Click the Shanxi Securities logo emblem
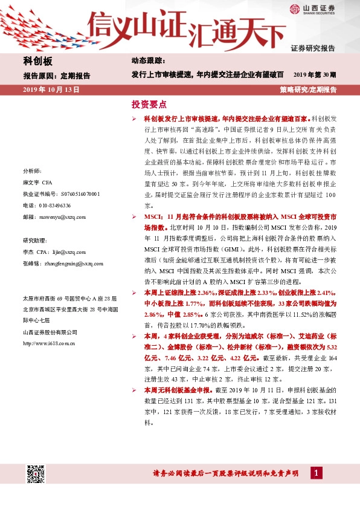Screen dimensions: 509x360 [294, 8]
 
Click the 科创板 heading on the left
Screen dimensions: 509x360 [37, 61]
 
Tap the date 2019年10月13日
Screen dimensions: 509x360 [51, 89]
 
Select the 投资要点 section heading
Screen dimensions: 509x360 [148, 104]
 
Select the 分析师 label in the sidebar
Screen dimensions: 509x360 [32, 171]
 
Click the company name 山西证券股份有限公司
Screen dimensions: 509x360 [50, 332]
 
